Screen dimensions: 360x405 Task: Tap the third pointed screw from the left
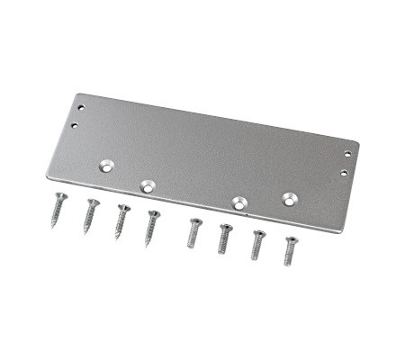click(121, 220)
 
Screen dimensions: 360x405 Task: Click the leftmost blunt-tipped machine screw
click(193, 232)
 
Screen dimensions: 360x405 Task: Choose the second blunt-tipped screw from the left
click(224, 238)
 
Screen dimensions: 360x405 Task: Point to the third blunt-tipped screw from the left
click(257, 244)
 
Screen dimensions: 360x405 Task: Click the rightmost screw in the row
click(290, 249)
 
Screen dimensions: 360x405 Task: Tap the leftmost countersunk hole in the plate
click(107, 166)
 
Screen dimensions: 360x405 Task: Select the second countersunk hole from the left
click(148, 186)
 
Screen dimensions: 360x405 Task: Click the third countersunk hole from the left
click(239, 202)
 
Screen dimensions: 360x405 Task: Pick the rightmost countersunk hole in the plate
click(289, 198)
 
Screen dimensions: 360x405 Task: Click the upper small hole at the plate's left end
click(85, 108)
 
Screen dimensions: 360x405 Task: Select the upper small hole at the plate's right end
click(350, 154)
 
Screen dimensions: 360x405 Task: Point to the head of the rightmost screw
click(291, 239)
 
